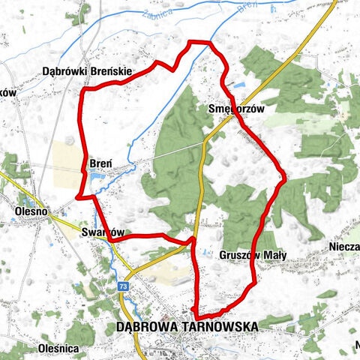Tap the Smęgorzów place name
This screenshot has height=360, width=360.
[237, 109]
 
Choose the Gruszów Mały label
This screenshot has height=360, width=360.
[253, 255]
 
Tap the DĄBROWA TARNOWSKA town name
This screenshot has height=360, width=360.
[187, 327]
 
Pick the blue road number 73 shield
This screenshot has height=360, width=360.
[122, 286]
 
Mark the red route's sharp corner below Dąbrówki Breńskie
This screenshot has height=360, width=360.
[82, 91]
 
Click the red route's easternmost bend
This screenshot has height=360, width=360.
[285, 179]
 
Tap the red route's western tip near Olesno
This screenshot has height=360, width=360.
[79, 197]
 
